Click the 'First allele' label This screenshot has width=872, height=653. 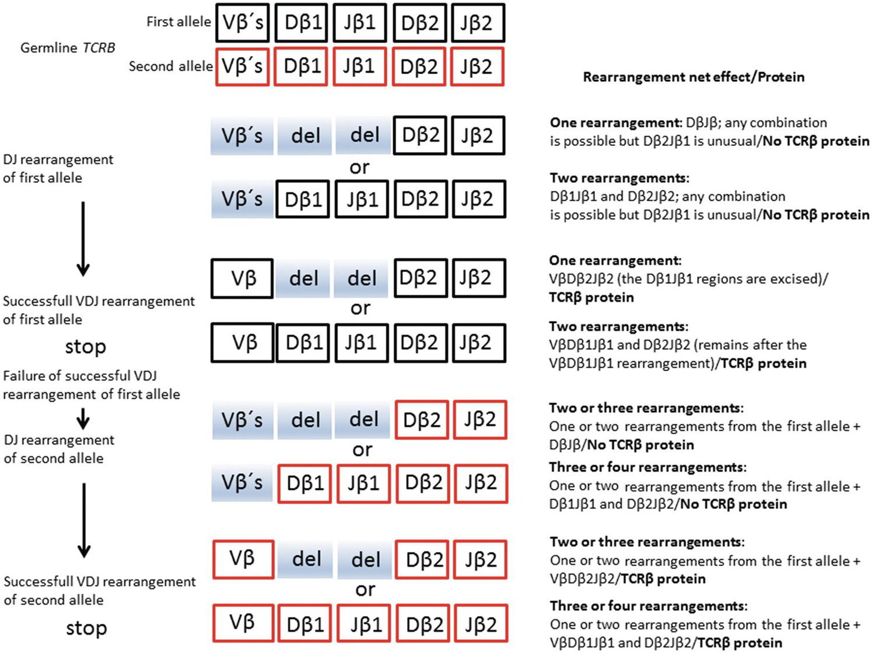(x=178, y=22)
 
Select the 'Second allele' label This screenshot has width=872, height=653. (x=170, y=67)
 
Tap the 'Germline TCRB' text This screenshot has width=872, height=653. (x=68, y=48)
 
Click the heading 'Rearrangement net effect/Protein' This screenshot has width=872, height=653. (x=694, y=77)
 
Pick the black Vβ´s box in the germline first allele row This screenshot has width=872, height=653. (x=243, y=23)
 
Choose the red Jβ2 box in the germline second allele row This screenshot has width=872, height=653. (x=476, y=67)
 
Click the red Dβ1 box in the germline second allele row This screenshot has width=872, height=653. (x=302, y=67)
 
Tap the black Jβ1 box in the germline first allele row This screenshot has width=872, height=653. (x=359, y=23)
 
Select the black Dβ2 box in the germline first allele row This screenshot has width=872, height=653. (x=419, y=23)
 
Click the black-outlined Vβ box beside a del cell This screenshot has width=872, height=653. (x=242, y=278)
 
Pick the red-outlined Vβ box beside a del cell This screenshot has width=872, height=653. (x=242, y=559)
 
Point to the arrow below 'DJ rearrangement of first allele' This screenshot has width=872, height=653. (x=83, y=238)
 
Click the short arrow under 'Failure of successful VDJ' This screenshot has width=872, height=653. (x=83, y=418)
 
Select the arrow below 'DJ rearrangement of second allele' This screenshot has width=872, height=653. (x=84, y=519)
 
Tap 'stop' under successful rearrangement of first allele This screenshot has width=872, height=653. (x=85, y=347)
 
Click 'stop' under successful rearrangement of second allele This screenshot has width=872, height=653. (x=86, y=628)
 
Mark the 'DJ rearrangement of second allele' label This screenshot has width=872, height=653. (x=58, y=449)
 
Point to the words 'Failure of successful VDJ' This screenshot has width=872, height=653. (x=80, y=376)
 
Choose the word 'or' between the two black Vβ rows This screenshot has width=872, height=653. (x=360, y=308)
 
